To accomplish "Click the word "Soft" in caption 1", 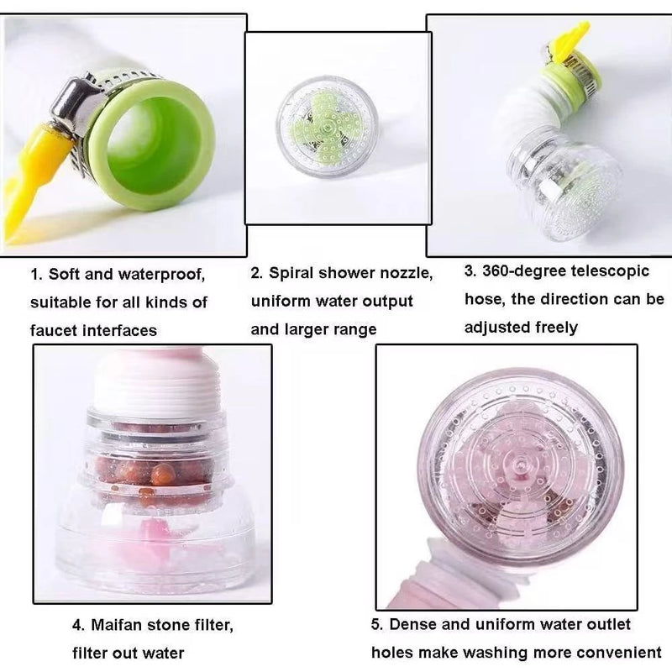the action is pos(63,275).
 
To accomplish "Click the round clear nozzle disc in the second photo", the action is pos(328,128).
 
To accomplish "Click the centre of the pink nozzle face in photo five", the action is pos(521,465).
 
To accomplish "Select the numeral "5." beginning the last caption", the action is pos(377,624).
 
